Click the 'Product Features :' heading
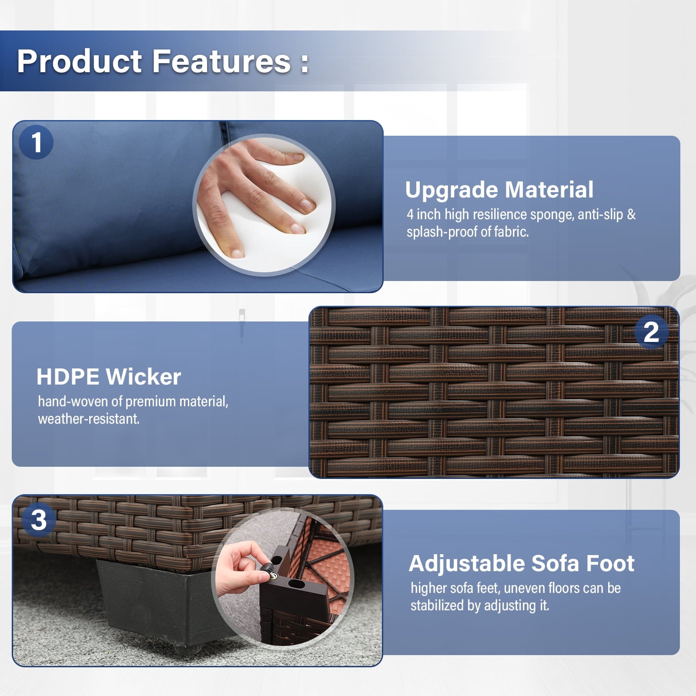click(x=163, y=61)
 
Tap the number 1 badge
click(x=36, y=142)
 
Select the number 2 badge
click(x=651, y=332)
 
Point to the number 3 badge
click(x=39, y=519)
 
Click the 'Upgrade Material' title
click(x=499, y=190)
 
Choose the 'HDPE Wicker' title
click(x=109, y=377)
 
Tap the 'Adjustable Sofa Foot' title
click(x=522, y=563)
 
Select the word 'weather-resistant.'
click(x=89, y=419)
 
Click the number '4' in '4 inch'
click(x=410, y=214)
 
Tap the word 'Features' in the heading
click(x=221, y=61)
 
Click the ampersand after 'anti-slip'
click(x=631, y=214)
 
